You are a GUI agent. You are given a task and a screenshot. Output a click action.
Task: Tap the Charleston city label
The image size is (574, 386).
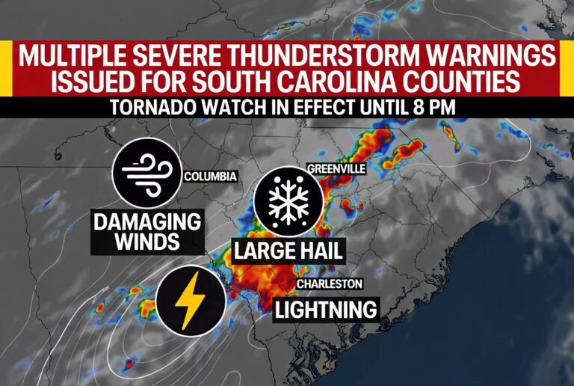click(330, 284)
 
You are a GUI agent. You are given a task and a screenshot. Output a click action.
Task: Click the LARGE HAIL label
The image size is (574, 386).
click(288, 251)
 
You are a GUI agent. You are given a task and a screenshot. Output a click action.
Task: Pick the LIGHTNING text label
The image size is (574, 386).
click(325, 308)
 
